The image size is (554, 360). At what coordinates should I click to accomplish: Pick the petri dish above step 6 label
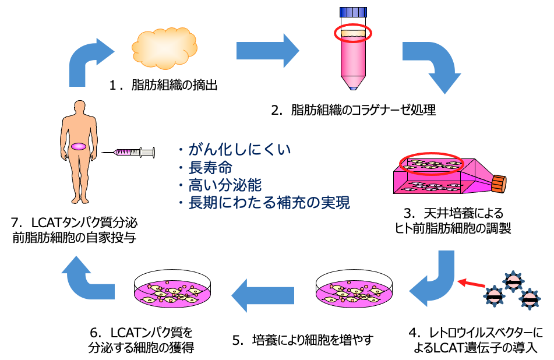coord(172,290)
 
